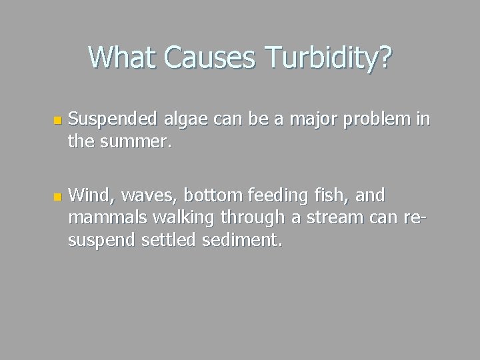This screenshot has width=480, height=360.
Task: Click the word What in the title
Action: pos(123,57)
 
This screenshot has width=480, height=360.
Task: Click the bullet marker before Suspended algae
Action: pos(57,121)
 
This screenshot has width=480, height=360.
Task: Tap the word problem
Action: pos(382,119)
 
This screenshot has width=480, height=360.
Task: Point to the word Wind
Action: pos(87,195)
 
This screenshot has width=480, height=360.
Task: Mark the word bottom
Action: pos(208,195)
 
